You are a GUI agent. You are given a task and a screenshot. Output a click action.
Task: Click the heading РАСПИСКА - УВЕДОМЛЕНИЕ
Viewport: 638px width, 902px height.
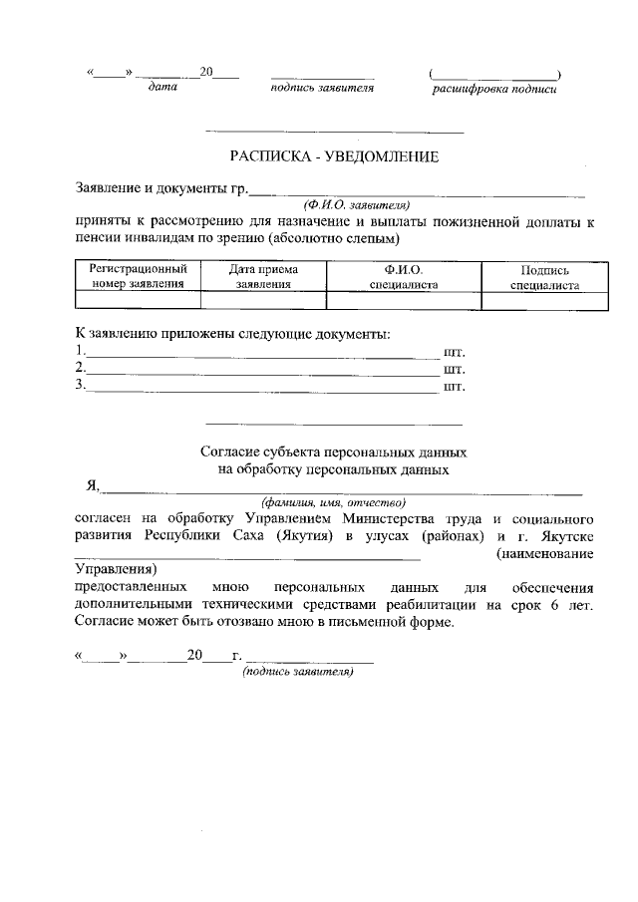click(x=334, y=156)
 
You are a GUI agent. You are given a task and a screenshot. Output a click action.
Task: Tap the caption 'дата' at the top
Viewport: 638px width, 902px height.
click(x=161, y=88)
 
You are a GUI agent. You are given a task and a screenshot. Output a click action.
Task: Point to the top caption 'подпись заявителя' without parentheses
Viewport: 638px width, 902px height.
click(x=321, y=88)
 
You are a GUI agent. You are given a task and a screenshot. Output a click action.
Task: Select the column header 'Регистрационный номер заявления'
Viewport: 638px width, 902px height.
click(x=139, y=276)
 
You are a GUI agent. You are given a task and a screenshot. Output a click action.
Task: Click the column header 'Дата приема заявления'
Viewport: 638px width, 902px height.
click(x=263, y=276)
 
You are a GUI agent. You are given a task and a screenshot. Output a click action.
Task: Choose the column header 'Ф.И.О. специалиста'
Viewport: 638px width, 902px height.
click(x=404, y=276)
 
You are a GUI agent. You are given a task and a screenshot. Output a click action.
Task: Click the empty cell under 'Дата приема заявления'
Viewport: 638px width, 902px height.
click(x=263, y=300)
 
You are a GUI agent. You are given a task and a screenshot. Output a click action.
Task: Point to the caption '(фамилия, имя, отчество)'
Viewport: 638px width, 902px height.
click(x=334, y=501)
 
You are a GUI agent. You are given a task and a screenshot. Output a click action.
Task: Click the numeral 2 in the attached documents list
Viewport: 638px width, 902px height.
click(x=79, y=369)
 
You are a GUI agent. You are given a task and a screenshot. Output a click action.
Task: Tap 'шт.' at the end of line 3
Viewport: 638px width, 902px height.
click(x=454, y=386)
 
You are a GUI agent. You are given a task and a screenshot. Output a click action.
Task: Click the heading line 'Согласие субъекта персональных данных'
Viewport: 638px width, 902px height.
click(x=334, y=451)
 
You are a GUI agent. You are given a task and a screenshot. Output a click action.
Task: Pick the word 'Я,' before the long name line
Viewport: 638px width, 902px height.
click(x=93, y=485)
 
